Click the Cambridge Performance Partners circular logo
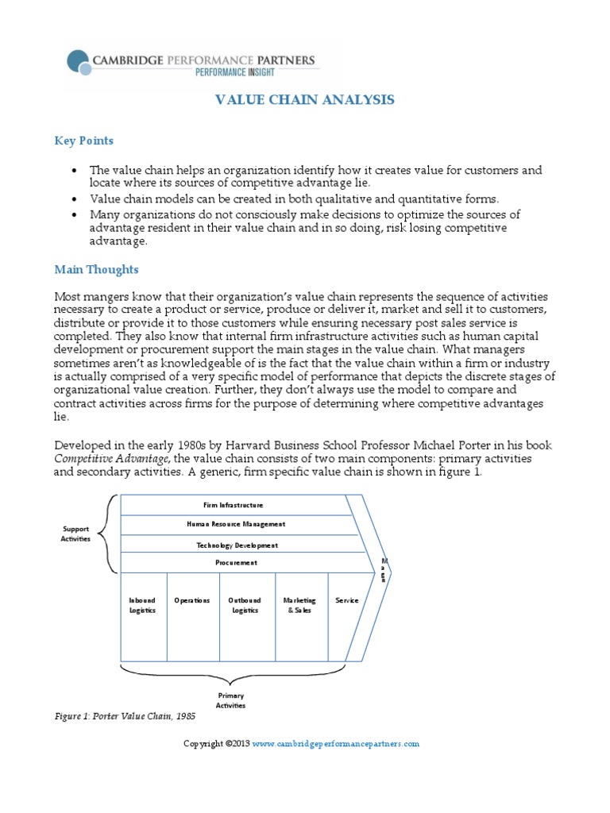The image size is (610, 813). pos(80,63)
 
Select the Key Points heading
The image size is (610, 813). pos(83,141)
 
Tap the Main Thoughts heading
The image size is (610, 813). pos(96,270)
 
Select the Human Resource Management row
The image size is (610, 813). pos(236,524)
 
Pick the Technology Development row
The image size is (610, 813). pos(237,545)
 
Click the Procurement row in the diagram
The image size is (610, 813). pos(236,563)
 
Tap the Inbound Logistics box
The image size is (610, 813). pos(143,605)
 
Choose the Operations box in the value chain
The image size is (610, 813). pos(192,601)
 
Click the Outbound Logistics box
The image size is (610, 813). pos(245,605)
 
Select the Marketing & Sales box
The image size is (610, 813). pos(299,605)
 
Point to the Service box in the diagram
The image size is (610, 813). pos(347,601)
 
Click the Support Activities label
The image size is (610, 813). pos(76,534)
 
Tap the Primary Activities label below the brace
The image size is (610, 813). pos(231,700)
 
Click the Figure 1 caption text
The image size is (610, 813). pos(124,716)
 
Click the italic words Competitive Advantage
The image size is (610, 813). pos(95,459)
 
